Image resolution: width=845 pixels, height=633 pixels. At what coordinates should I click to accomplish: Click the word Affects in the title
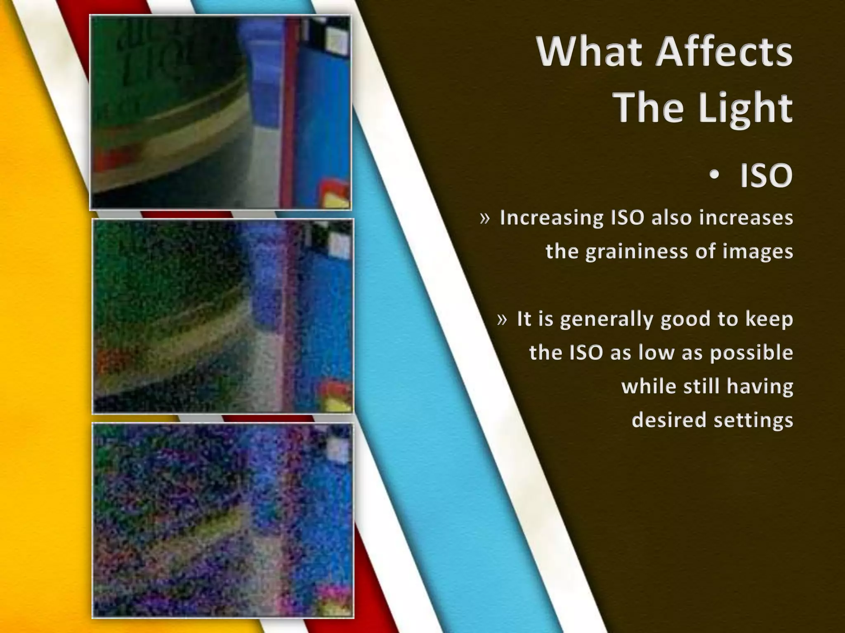coord(724,52)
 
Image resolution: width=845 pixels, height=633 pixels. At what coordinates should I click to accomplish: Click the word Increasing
coord(552,218)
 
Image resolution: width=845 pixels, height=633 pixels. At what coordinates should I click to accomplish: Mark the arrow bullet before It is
coord(502,319)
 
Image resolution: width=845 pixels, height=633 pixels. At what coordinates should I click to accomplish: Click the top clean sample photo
coord(220,112)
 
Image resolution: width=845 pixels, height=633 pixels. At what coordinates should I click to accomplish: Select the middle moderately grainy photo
coord(223,316)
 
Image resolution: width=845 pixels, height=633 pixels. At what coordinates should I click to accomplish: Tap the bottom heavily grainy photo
coord(223,520)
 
